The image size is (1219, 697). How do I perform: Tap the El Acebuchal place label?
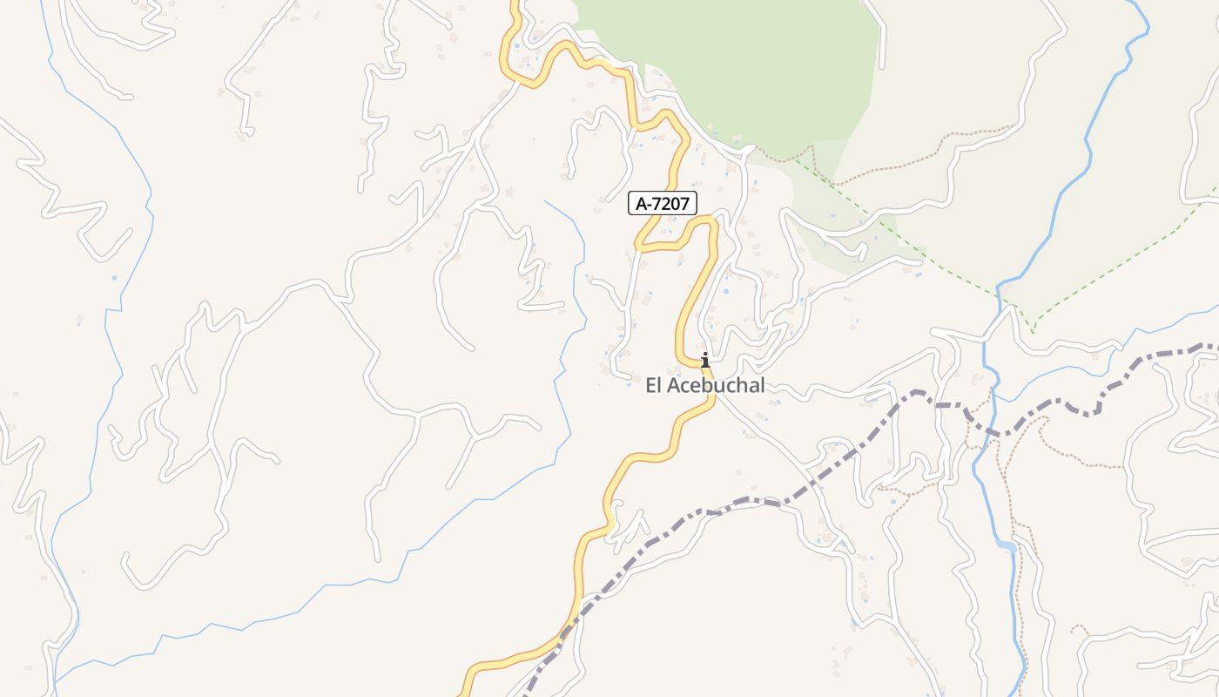[705, 385]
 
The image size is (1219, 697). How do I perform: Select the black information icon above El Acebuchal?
[704, 359]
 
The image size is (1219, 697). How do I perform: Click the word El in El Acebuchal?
[655, 385]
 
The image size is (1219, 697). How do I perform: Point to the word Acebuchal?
[717, 385]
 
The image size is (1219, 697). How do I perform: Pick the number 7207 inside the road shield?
[673, 204]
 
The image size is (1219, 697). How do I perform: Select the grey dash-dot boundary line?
[749, 500]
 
